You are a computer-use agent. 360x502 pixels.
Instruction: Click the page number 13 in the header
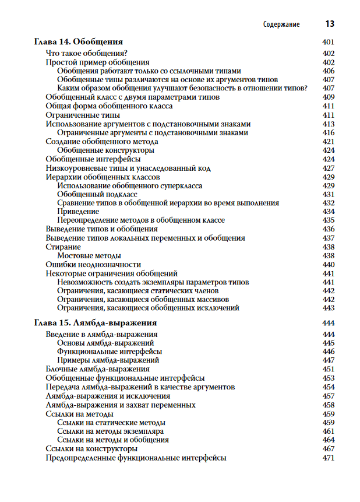coord(329,24)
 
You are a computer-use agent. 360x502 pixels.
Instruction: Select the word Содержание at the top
coord(281,24)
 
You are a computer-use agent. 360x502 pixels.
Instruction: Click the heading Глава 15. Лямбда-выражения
coord(95,322)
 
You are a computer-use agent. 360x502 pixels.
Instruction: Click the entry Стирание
coord(63,247)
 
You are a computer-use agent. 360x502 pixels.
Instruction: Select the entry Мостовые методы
coord(89,255)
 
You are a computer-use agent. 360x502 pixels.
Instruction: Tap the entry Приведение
coord(78,211)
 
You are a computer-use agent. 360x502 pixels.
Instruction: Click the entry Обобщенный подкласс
coord(97,194)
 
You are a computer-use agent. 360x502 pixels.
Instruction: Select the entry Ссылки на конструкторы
coord(91,449)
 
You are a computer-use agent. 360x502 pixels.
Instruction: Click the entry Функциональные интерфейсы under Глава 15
coord(110,352)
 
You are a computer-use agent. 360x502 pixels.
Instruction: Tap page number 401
coord(328,42)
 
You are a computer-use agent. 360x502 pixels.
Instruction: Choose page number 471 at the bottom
coord(328,458)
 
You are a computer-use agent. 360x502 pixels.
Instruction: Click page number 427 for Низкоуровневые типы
coord(328,168)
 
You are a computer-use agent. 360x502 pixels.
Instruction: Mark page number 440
coord(328,264)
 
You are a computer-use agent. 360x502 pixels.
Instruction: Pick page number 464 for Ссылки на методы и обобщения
coord(328,440)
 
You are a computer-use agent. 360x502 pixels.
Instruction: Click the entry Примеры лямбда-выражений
coord(100,360)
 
